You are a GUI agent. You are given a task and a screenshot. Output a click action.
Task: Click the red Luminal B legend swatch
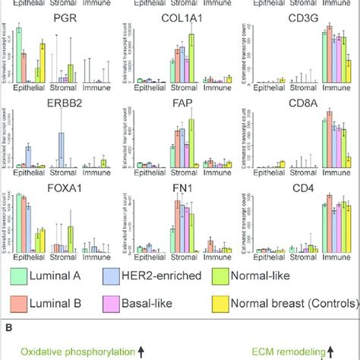[x=21, y=304]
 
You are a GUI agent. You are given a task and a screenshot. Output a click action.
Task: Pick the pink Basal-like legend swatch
[x=122, y=304]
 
